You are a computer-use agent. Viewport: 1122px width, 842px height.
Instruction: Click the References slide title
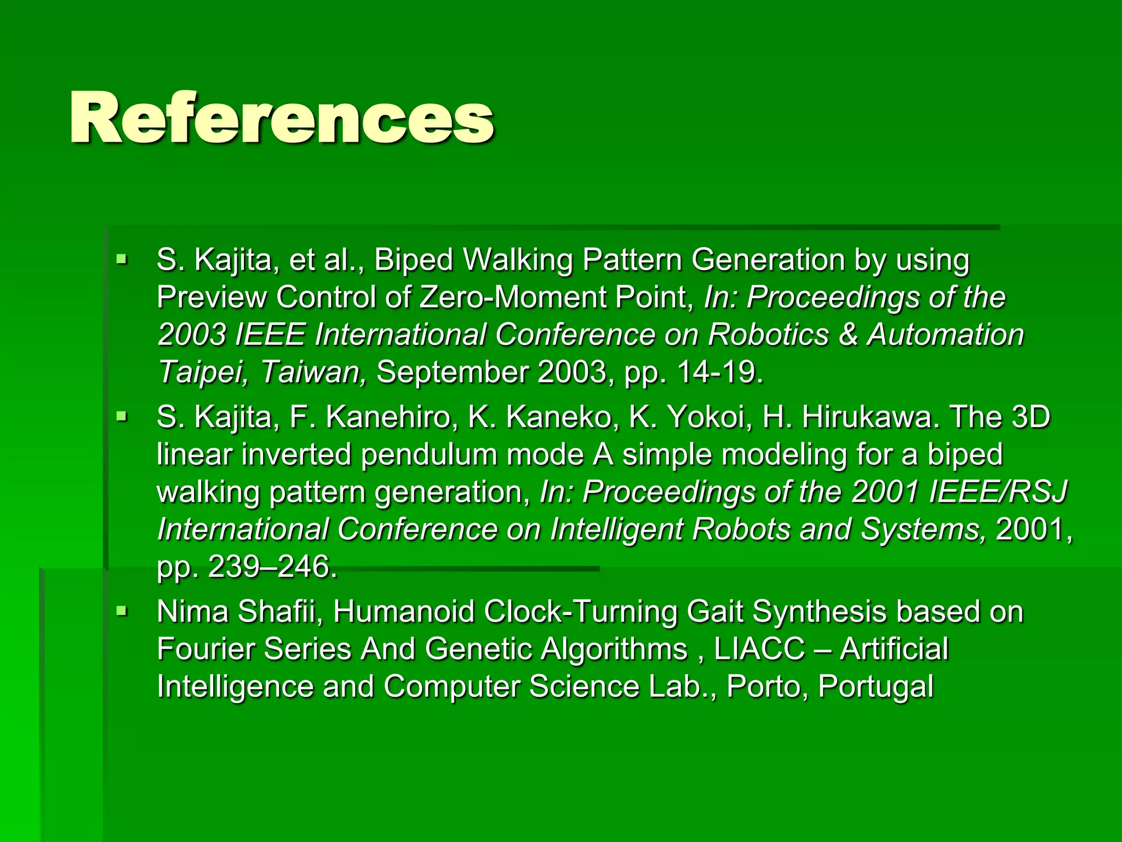click(282, 117)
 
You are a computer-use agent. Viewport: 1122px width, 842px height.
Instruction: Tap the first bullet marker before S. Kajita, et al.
click(122, 258)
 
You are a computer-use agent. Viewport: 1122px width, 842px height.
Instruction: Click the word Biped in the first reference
click(414, 260)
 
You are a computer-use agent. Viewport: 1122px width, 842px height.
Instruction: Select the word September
click(453, 372)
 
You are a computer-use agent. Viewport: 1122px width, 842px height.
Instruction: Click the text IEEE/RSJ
click(998, 491)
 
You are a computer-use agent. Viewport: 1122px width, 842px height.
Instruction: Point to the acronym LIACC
click(759, 649)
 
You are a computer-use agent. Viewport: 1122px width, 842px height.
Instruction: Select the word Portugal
click(875, 686)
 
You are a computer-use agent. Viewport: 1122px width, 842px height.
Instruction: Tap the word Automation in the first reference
click(945, 334)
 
